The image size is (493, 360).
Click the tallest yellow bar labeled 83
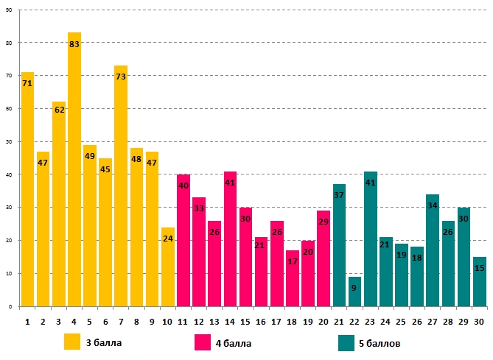click(74, 169)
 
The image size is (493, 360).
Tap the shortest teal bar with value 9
click(354, 292)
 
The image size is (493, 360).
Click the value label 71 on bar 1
click(27, 84)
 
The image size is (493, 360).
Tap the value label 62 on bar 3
click(59, 110)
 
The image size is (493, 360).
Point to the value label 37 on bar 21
click(339, 195)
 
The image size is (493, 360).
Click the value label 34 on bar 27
click(433, 205)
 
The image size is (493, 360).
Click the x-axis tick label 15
click(245, 322)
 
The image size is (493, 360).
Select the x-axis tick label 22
click(354, 322)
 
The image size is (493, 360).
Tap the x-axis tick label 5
click(90, 322)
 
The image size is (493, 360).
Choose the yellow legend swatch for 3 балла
click(72, 342)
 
